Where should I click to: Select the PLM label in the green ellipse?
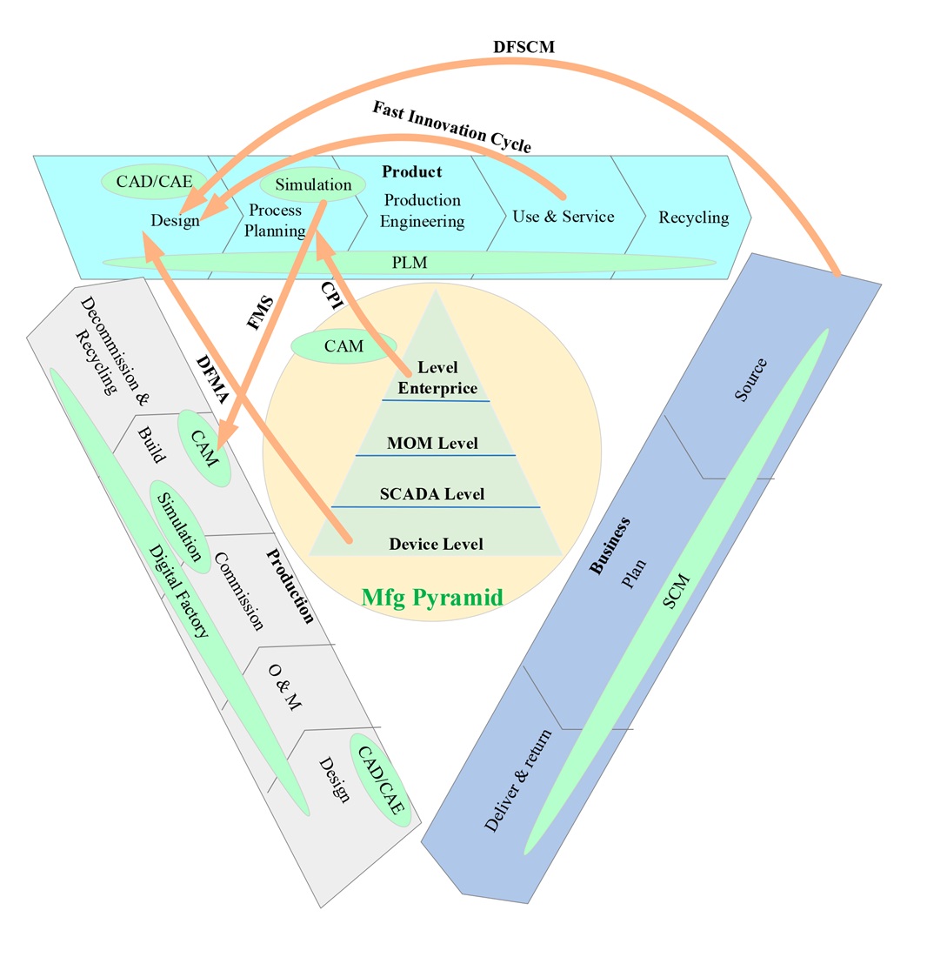tap(410, 261)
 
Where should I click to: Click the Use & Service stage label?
tap(563, 216)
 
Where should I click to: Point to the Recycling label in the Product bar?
tap(693, 217)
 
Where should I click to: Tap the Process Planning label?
tap(277, 220)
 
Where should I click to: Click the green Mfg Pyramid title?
tap(432, 597)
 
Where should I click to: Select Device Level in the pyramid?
tap(436, 545)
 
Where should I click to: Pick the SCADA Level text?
tap(432, 494)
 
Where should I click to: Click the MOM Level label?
tap(432, 444)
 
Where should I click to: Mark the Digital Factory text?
tap(178, 592)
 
